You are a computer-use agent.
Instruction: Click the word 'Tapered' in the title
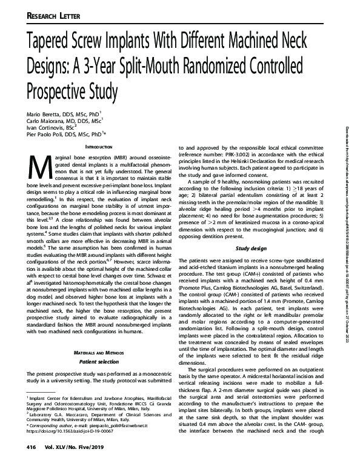(52, 41)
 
